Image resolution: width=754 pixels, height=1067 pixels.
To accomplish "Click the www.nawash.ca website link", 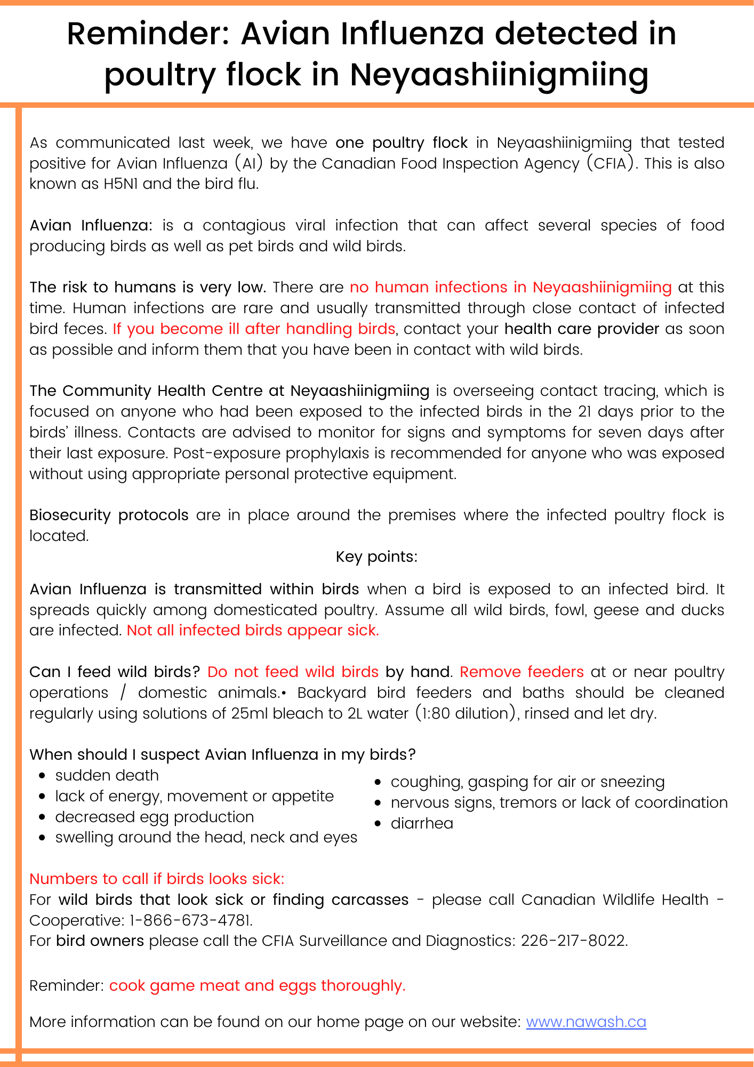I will [x=585, y=1022].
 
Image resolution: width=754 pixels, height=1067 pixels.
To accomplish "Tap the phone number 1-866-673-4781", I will [x=190, y=920].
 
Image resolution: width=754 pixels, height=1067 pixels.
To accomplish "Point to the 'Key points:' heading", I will [x=376, y=556].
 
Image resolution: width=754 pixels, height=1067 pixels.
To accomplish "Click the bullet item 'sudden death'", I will [x=107, y=775].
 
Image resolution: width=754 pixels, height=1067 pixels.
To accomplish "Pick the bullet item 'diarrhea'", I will [x=422, y=823].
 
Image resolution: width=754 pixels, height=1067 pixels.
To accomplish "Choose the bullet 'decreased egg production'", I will [x=154, y=817].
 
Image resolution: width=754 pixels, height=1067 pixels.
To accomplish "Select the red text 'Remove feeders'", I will [x=522, y=672].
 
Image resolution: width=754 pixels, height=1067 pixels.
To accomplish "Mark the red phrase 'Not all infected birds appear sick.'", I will [x=253, y=630].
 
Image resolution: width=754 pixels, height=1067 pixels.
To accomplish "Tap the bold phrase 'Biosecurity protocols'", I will [x=109, y=515].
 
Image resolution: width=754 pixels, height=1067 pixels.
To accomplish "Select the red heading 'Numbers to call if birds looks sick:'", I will [x=157, y=879].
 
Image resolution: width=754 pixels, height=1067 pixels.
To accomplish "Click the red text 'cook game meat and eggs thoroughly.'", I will [x=257, y=985].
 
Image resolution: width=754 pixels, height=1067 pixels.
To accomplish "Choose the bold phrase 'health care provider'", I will [x=582, y=329].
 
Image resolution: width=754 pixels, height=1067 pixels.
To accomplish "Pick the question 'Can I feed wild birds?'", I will [x=115, y=672].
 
